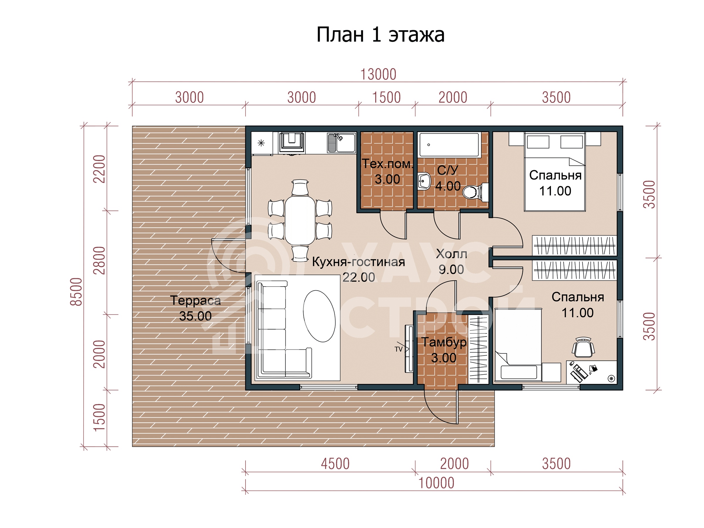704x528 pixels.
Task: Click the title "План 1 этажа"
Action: click(380, 35)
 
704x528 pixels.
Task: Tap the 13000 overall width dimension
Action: click(378, 75)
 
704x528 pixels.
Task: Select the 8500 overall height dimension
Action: click(76, 292)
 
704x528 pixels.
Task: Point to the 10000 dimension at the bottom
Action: click(436, 483)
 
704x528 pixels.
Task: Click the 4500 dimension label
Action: click(335, 464)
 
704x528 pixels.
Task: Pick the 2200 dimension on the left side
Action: click(99, 169)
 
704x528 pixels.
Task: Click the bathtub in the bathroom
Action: click(449, 145)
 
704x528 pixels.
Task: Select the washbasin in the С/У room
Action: click(424, 181)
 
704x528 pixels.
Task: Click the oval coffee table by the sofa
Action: click(319, 316)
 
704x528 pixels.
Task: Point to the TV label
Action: click(398, 349)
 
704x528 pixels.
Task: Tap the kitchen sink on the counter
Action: click(341, 143)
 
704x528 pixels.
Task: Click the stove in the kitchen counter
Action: click(292, 143)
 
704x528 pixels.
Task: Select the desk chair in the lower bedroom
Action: click(583, 347)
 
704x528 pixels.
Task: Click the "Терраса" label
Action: click(195, 300)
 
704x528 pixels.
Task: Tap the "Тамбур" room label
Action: click(444, 342)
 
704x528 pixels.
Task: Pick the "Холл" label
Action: click(451, 254)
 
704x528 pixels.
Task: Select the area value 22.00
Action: click(359, 277)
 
